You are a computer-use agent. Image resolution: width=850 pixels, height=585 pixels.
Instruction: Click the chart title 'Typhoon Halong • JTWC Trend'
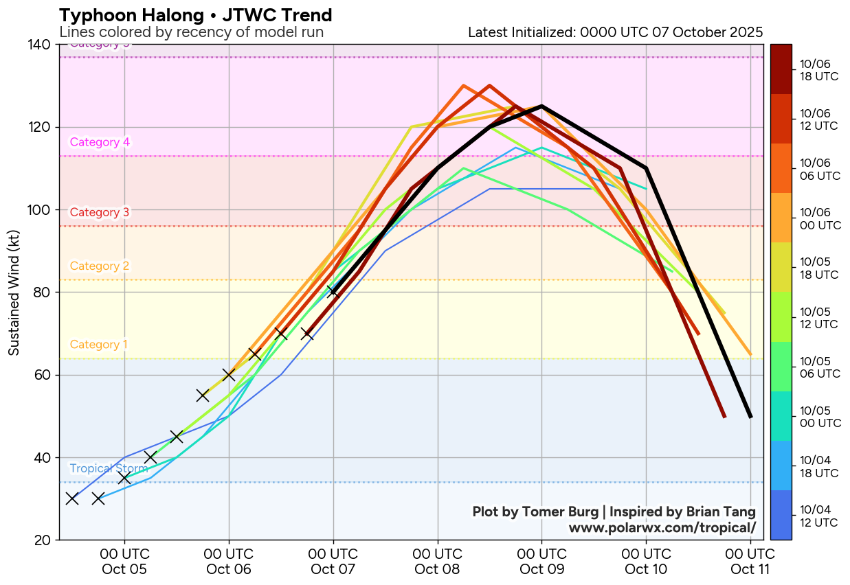196,15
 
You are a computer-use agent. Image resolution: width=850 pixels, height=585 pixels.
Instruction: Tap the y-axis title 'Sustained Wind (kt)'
14,292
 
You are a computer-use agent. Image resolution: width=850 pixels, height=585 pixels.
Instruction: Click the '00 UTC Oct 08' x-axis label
438,561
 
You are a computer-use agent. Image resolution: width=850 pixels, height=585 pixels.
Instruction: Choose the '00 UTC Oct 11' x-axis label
750,561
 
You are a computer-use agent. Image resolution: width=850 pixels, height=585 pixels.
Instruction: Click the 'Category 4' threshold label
100,142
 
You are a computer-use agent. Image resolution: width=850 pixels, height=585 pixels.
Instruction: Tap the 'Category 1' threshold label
99,344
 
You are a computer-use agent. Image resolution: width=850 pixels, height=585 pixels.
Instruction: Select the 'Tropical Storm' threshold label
109,468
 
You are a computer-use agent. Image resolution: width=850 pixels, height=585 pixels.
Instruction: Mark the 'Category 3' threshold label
100,212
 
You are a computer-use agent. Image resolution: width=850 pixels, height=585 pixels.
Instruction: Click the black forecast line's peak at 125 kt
542,106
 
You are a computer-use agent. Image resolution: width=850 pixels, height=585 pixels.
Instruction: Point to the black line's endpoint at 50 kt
750,416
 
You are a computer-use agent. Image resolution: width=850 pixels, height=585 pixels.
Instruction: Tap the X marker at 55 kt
203,395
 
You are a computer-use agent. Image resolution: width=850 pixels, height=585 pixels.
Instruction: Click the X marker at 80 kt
333,292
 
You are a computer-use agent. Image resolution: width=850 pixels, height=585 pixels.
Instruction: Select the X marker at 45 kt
177,437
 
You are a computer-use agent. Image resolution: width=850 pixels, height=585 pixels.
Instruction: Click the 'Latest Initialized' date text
615,32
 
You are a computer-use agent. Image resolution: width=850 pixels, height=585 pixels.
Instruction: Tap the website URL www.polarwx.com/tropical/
662,527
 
